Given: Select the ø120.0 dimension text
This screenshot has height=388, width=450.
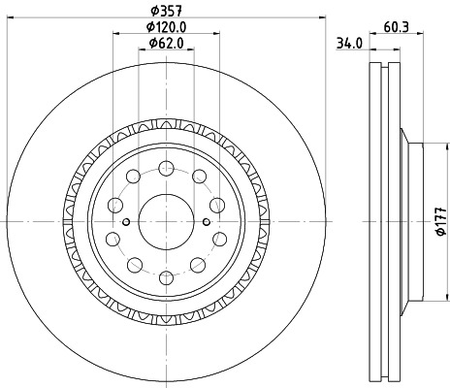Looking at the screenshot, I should (x=167, y=27).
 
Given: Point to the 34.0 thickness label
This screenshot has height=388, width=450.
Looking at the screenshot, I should (x=348, y=43).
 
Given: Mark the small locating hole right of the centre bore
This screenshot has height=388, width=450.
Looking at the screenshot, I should (x=205, y=222).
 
